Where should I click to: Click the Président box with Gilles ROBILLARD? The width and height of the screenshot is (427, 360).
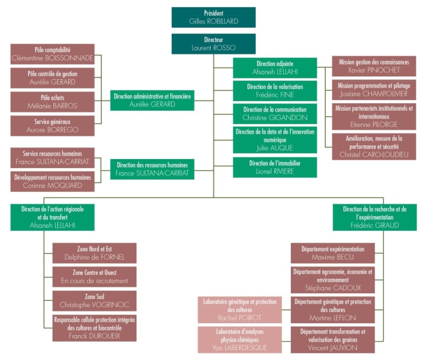[x=213, y=17]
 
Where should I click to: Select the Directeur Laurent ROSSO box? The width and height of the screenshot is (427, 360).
[x=213, y=44]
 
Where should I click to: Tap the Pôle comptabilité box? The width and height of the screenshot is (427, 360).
[x=52, y=54]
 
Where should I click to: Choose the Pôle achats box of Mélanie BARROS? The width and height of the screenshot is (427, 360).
[x=52, y=101]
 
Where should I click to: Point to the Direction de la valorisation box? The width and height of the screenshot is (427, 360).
[x=275, y=91]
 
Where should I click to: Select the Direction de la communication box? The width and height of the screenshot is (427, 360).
[x=275, y=114]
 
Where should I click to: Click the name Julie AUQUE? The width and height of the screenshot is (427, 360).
[x=275, y=147]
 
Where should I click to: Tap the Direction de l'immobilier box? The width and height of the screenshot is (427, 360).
[x=275, y=167]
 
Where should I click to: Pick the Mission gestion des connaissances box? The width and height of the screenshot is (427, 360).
[x=374, y=66]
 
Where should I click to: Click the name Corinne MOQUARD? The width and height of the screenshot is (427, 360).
[x=52, y=186]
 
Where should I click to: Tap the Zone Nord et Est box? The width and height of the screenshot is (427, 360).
[x=94, y=253]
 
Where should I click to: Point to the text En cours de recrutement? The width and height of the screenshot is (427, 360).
[x=94, y=281]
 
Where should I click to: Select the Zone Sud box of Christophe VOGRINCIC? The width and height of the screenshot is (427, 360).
[x=94, y=301]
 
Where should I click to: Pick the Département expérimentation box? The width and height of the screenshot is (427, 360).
[x=332, y=253]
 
